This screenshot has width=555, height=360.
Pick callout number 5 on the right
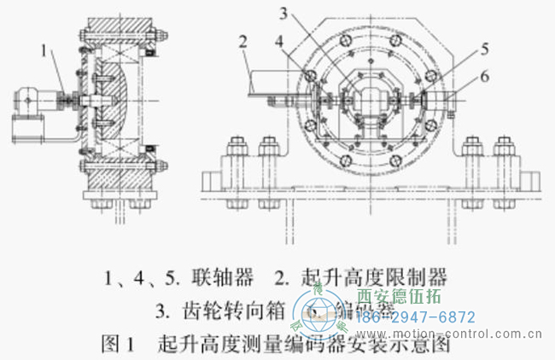point(484,48)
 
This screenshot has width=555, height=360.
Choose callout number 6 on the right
point(484,77)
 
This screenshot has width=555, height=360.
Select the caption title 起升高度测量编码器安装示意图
point(304,345)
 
